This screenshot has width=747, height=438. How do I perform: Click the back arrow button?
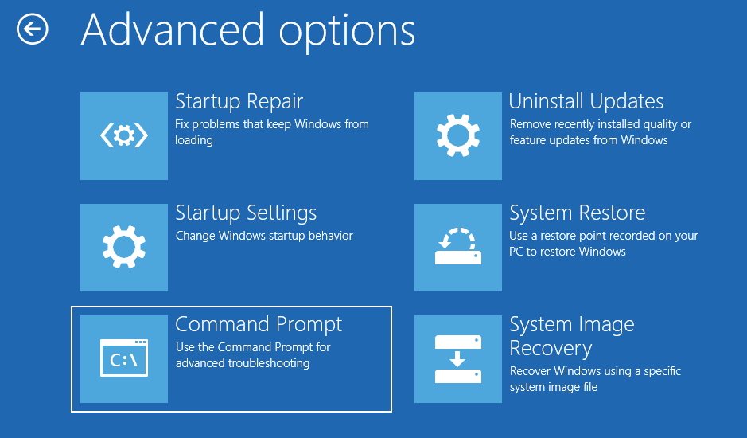point(33,30)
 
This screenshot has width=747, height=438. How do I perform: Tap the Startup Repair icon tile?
point(124,135)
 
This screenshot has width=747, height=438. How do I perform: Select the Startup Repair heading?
point(239,102)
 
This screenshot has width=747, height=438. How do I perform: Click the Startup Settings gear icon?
point(124,247)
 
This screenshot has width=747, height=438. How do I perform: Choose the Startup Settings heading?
point(246,213)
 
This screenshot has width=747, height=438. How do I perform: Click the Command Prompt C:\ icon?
point(124,358)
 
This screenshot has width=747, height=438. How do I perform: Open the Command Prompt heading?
point(259,325)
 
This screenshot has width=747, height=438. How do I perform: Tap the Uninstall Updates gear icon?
point(458,135)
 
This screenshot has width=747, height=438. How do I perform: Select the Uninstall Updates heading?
point(586,102)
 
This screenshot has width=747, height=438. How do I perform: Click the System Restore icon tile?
point(458,247)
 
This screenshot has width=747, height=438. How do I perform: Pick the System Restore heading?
point(578,213)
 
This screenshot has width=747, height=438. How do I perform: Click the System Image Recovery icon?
point(458,358)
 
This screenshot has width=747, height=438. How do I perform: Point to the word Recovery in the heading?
point(551,349)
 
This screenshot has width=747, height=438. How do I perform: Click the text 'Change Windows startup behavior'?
point(264,236)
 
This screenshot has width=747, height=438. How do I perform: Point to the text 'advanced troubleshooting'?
point(242,363)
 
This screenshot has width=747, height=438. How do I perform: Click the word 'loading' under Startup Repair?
point(194,140)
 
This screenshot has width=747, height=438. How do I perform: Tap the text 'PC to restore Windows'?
point(567,252)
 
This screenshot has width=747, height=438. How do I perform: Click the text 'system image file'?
point(553,387)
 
